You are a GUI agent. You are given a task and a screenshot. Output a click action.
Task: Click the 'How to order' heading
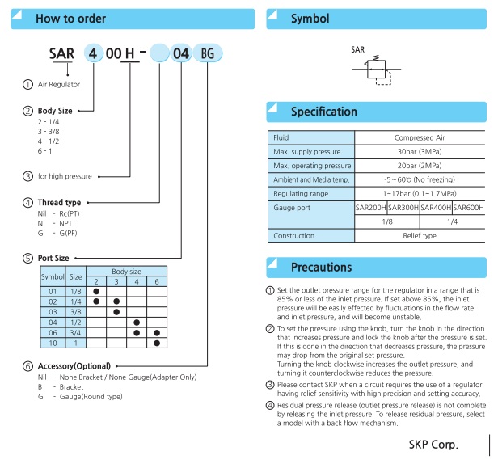coord(70,18)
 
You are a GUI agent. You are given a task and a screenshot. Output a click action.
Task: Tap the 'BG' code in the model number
coord(209,54)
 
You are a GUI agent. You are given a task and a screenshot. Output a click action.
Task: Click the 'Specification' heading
coord(323,112)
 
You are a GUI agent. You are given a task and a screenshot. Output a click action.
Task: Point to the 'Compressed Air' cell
coord(420,137)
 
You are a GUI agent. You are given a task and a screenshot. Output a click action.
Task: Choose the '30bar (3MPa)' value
coord(420,152)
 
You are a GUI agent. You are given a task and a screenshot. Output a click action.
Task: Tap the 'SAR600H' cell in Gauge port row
coord(469,208)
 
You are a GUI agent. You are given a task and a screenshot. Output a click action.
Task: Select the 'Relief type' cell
coord(420,235)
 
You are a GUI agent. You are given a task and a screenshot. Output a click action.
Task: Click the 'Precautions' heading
coord(321,267)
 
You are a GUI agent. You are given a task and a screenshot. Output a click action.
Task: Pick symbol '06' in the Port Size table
coord(53,332)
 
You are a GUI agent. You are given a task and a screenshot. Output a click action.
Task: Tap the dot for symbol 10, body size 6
coord(156,344)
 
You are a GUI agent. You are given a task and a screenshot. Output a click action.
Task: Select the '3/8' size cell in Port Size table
coord(74,310)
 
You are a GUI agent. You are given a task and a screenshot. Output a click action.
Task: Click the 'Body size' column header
coord(126,272)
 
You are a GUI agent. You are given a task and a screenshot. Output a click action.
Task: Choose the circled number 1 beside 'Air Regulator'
coord(28,83)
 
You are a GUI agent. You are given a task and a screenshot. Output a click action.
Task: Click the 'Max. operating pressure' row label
coord(311,166)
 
